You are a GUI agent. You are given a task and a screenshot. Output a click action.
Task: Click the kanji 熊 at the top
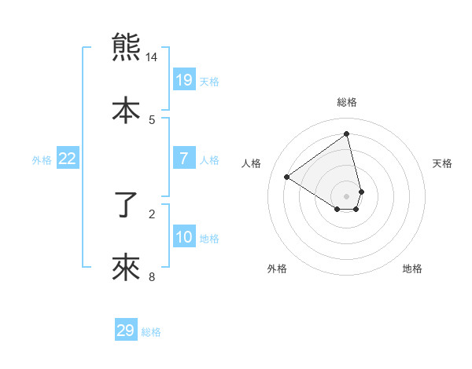pos(126,48)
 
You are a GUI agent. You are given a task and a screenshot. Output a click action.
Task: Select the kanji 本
pos(126,109)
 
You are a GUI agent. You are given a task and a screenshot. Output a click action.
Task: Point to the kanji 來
pos(126,267)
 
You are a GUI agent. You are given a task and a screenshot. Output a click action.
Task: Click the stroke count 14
pos(152,57)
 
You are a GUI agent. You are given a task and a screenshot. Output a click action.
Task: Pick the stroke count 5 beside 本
pos(152,119)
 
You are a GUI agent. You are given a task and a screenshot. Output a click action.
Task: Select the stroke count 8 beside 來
pos(152,276)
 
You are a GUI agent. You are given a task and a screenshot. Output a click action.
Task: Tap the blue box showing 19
pos(184,79)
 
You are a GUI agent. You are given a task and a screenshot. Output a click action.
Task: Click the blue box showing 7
pos(184,159)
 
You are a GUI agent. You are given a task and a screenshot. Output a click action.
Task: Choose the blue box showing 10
pos(184,236)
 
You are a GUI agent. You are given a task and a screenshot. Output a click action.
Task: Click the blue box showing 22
pos(68,159)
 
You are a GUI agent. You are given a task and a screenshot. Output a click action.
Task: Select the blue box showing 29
pos(126,331)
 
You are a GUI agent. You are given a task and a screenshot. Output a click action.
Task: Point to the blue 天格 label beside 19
pos(209,82)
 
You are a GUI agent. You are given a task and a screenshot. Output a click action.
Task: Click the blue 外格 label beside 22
pos(42,160)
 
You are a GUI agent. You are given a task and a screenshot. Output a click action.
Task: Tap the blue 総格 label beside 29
pos(152,332)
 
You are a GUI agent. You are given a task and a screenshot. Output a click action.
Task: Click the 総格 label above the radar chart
pos(347,102)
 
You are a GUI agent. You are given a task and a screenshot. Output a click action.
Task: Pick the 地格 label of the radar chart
pos(412,269)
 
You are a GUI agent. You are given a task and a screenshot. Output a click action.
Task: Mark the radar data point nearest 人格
pos(287,177)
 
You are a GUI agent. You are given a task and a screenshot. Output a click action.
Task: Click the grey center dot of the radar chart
pos(347,196)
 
